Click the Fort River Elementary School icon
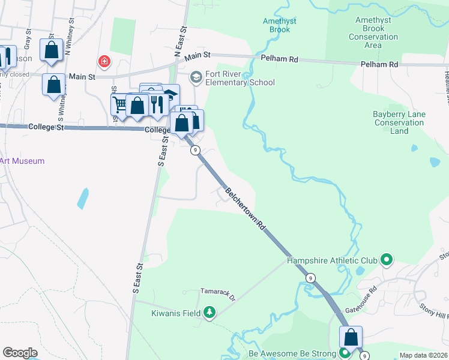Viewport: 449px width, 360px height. [196, 77]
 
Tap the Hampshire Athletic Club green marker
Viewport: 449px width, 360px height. [387, 260]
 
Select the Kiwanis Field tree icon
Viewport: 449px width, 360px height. [209, 312]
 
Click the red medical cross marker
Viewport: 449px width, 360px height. [104, 61]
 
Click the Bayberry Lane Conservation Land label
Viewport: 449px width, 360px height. [399, 122]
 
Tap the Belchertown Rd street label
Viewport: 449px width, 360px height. [246, 209]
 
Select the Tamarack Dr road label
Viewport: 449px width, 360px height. [218, 297]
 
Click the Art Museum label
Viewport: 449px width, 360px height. [22, 161]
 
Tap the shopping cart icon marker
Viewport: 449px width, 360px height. [121, 106]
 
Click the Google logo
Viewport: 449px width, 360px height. [20, 353]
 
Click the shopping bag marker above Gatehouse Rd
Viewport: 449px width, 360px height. [351, 337]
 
